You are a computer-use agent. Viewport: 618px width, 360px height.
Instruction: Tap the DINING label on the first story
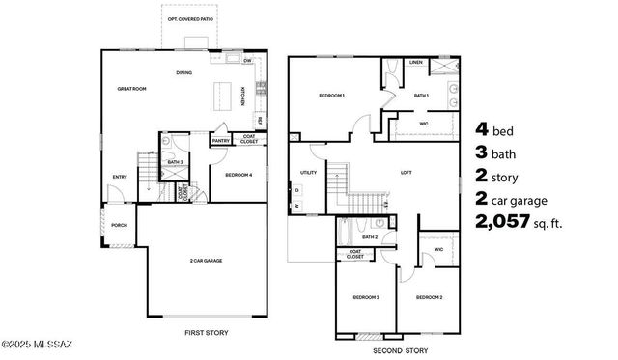click(x=183, y=72)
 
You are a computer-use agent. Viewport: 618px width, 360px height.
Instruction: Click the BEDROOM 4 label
click(x=239, y=175)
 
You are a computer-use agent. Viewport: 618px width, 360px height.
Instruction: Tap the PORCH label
click(x=120, y=225)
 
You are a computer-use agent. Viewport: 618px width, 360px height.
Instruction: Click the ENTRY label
click(x=120, y=177)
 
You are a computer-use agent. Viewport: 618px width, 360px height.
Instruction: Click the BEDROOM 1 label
click(x=332, y=96)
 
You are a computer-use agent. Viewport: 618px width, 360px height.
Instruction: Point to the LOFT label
click(x=407, y=174)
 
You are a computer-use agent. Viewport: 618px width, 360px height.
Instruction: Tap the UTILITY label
click(x=309, y=172)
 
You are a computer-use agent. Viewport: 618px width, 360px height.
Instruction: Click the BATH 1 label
click(x=421, y=96)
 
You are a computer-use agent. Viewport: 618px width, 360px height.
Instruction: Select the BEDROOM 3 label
click(x=366, y=297)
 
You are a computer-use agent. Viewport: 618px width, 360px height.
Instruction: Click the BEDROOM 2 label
click(x=428, y=297)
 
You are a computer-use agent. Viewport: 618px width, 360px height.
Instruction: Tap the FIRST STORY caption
click(x=206, y=332)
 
